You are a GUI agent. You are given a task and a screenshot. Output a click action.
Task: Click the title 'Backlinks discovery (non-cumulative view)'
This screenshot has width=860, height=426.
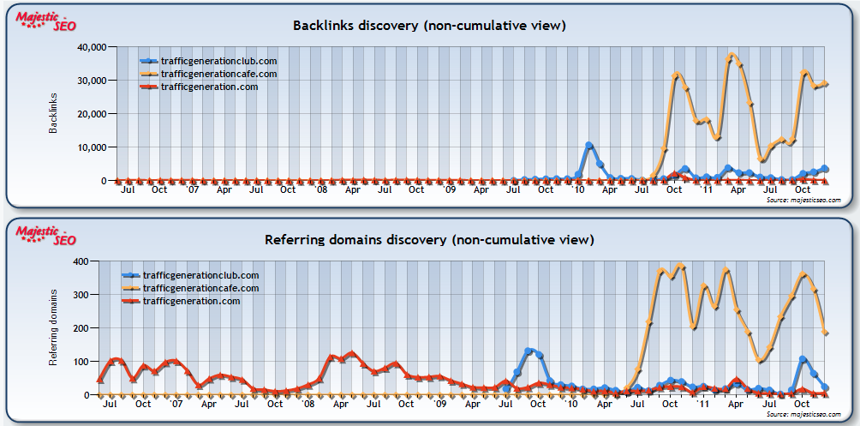[429, 26]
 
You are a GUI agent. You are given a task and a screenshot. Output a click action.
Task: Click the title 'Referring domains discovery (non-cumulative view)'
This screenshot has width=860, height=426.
[429, 239]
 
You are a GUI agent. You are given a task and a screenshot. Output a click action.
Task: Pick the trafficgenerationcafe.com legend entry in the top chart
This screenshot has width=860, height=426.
[218, 74]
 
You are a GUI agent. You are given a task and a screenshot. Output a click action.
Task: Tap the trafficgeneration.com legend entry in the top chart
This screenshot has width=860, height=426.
[209, 87]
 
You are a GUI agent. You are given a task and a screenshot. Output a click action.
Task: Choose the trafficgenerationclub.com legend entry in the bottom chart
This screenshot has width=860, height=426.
[200, 275]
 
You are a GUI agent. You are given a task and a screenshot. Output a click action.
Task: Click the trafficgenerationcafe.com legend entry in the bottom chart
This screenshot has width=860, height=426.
[200, 288]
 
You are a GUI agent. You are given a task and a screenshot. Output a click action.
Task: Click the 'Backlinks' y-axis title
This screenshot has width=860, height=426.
[53, 113]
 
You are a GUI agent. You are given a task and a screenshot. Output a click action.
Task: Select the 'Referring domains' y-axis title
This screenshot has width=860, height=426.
[53, 327]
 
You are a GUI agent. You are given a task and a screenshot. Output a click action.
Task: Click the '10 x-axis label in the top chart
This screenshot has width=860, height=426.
[577, 190]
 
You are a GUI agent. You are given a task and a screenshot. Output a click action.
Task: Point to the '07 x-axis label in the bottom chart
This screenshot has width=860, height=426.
[176, 404]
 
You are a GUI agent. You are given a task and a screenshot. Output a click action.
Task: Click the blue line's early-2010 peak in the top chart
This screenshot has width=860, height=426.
[588, 146]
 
